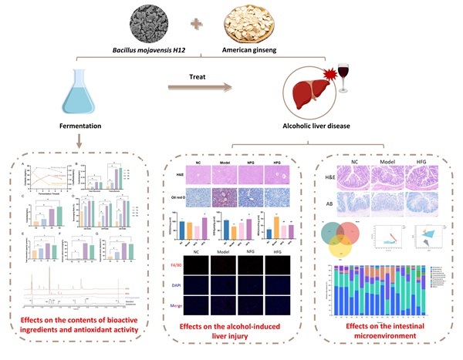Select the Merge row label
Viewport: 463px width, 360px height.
tap(183, 304)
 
